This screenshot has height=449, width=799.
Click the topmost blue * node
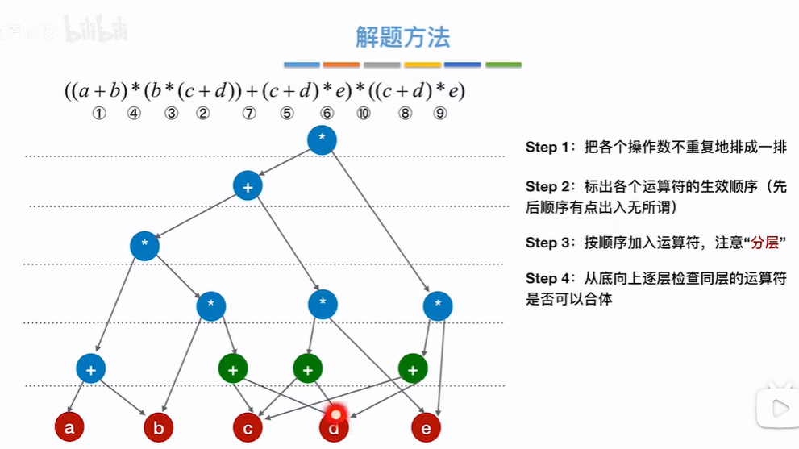coord(322,139)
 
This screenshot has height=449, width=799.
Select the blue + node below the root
coord(248,186)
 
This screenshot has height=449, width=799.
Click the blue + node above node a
coord(91,369)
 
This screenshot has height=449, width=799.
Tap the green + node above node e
coord(413,369)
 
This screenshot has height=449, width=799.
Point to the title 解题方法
coord(402,37)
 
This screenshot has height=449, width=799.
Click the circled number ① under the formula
coord(99,114)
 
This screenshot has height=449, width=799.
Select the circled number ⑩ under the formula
coord(364,114)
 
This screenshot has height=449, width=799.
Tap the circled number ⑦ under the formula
coord(249,114)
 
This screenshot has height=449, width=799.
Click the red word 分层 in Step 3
coord(766,243)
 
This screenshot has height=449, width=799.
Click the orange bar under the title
coord(341,64)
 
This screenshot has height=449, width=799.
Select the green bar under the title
coord(503,64)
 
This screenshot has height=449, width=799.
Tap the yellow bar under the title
coord(422,64)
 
